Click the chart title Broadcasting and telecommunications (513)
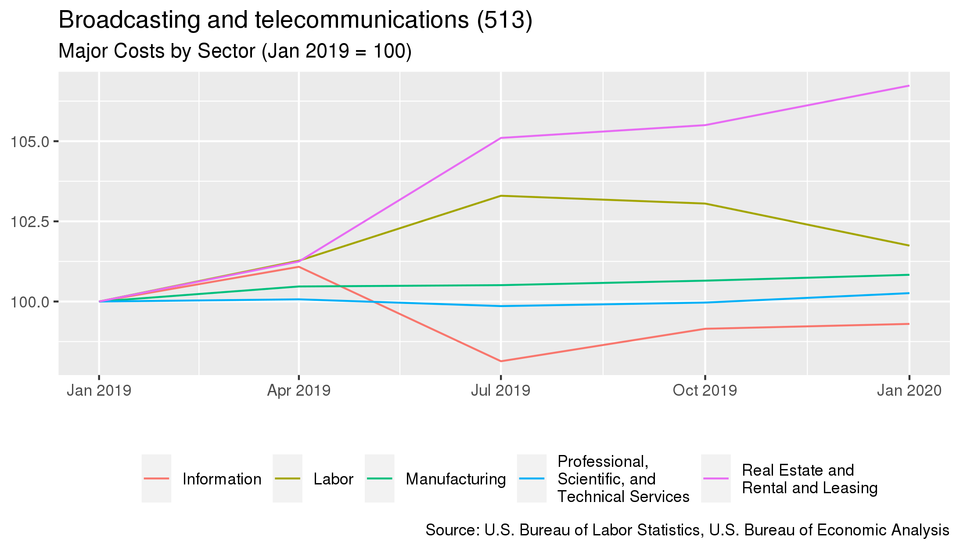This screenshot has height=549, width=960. point(295,20)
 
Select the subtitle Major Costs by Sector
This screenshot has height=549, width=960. point(235,51)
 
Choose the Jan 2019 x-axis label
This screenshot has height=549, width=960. point(99,390)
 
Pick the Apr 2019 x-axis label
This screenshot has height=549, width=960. point(298,390)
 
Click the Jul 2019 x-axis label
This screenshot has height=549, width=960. point(500,390)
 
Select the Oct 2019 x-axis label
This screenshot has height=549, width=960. point(705,390)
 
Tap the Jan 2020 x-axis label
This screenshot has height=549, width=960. point(909,390)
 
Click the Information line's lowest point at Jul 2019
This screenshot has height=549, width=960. point(500,361)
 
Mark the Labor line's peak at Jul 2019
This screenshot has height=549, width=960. point(500,196)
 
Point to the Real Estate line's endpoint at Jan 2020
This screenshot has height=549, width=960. point(909,86)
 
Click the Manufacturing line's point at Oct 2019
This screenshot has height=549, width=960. point(705,281)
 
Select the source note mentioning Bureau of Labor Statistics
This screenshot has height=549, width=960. point(687,530)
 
